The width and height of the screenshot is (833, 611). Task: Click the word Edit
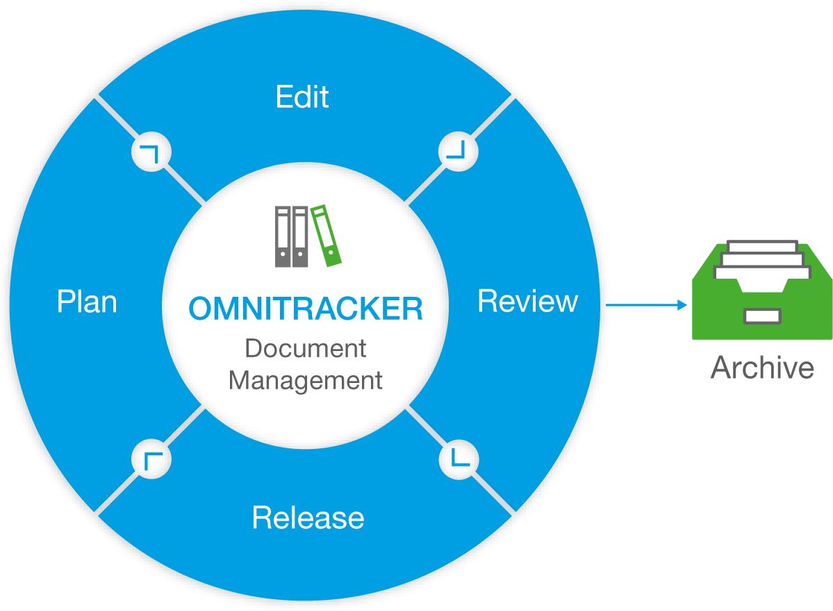pyautogui.click(x=302, y=97)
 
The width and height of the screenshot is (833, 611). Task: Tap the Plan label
pyautogui.click(x=87, y=302)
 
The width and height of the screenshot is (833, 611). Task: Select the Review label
pyautogui.click(x=528, y=302)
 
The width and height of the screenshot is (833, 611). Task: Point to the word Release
pyautogui.click(x=308, y=518)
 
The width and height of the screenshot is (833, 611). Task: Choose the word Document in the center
pyautogui.click(x=306, y=348)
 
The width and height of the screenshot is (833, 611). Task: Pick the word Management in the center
pyautogui.click(x=306, y=381)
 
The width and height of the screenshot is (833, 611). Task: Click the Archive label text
pyautogui.click(x=762, y=368)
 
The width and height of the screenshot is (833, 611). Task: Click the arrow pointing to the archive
pyautogui.click(x=646, y=305)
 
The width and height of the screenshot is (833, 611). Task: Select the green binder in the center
pyautogui.click(x=327, y=236)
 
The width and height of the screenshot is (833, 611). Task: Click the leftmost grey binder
pyautogui.click(x=283, y=237)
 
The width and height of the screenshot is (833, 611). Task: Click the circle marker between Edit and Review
pyautogui.click(x=458, y=149)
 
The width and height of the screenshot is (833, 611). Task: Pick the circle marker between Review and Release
pyautogui.click(x=459, y=459)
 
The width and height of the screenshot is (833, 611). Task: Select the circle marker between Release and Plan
pyautogui.click(x=151, y=459)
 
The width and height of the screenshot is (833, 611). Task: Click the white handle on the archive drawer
pyautogui.click(x=762, y=316)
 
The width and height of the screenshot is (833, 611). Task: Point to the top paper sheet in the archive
pyautogui.click(x=762, y=246)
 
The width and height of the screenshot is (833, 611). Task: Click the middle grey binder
pyautogui.click(x=300, y=237)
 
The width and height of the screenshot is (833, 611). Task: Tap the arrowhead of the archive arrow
pyautogui.click(x=683, y=305)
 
